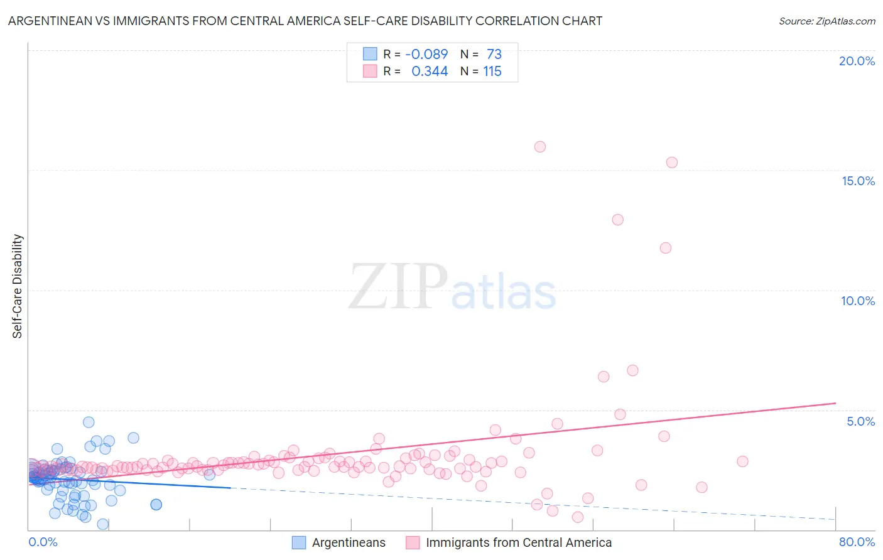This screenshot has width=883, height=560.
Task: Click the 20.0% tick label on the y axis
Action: point(857,61)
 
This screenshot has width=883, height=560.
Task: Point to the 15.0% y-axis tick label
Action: point(858,181)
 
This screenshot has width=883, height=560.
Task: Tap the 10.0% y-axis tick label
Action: point(858,301)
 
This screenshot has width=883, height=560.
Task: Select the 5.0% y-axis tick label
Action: point(860,421)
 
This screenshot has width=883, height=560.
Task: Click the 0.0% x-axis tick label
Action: point(43,542)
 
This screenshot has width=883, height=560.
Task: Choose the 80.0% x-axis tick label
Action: point(857,542)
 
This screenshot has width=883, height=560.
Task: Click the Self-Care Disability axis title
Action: point(18,286)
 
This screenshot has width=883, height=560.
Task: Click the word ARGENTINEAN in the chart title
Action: point(46,21)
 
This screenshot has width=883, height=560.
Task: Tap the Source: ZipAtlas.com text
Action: point(826,21)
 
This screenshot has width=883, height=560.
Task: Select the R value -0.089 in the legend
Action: point(426,55)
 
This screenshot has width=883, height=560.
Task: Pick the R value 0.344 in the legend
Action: point(430,72)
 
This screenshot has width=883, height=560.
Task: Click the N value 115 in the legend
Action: point(492,72)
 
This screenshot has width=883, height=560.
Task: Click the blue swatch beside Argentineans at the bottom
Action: point(299,542)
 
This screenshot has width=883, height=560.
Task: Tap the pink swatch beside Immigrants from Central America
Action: point(413,542)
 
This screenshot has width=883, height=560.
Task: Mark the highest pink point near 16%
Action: point(540,147)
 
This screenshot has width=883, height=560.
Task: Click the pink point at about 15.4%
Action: point(672,163)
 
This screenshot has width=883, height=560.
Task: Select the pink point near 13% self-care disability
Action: point(618,220)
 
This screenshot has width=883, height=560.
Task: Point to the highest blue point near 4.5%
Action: point(89,423)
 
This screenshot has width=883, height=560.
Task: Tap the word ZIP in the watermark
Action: point(398,287)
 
